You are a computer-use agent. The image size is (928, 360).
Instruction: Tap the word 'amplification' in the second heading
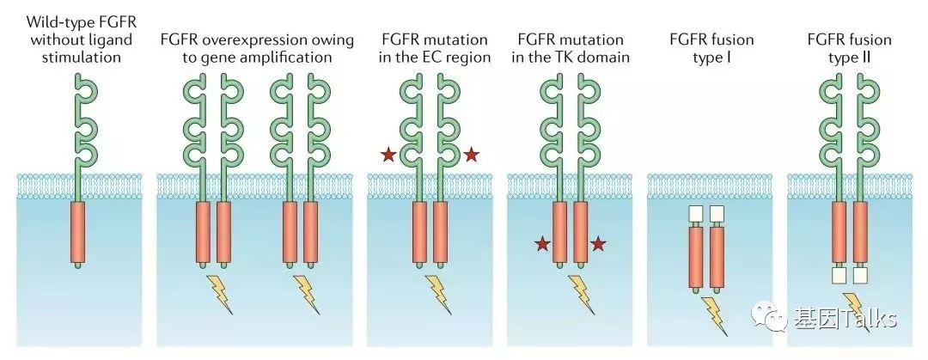[289, 58]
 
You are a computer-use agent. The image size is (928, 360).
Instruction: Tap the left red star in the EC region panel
[388, 156]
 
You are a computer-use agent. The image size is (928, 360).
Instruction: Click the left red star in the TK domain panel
[542, 245]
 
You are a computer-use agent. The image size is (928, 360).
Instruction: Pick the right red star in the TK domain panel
[598, 245]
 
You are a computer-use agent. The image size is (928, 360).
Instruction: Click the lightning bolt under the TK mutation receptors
[580, 292]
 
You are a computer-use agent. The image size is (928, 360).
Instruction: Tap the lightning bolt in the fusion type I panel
[713, 313]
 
